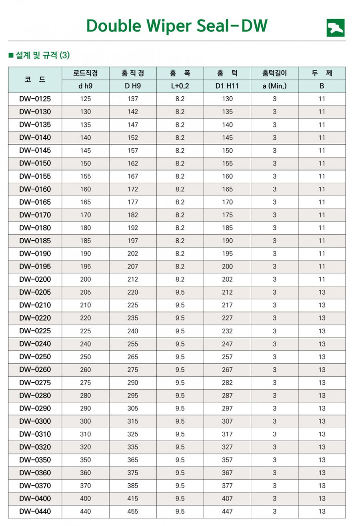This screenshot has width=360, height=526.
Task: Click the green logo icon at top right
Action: point(335,28)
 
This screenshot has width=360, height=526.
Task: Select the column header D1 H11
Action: point(227,86)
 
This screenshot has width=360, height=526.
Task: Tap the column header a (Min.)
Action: point(274,86)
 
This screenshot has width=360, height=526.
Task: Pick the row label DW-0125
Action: point(35,99)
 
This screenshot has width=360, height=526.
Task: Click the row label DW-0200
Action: point(35,279)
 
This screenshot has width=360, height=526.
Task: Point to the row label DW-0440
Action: point(35,511)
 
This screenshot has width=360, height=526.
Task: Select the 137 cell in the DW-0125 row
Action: point(133,99)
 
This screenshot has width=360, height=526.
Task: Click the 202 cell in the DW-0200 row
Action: point(227,279)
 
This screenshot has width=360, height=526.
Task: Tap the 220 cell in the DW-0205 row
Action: point(133,292)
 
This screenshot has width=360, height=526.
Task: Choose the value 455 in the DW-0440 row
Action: point(133,511)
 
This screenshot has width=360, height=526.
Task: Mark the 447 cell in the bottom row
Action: point(227,511)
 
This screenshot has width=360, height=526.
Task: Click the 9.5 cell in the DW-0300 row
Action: point(180,421)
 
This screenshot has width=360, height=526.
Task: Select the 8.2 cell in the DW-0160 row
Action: point(180,189)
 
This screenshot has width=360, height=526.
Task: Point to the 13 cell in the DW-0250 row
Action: point(322,357)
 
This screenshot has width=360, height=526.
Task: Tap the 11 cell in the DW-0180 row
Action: point(322,228)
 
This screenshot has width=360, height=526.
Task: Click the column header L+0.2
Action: point(180,86)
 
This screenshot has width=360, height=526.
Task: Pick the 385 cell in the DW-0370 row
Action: point(133,486)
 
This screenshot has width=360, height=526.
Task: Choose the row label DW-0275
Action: point(35,383)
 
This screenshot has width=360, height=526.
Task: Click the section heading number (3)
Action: point(64,56)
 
